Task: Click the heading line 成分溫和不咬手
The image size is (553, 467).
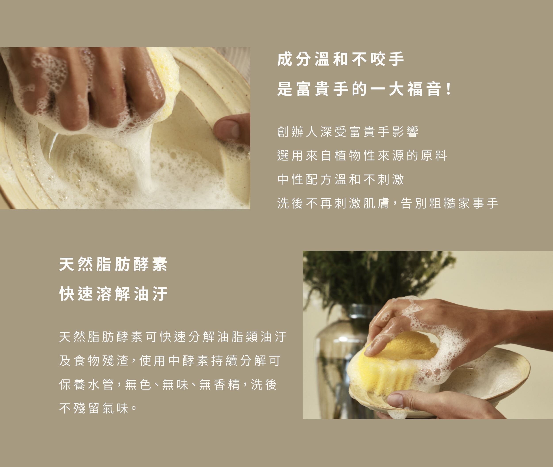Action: [x=340, y=59]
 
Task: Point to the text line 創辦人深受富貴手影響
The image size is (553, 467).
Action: [x=348, y=131]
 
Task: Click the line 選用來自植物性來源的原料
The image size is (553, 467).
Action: [x=362, y=155]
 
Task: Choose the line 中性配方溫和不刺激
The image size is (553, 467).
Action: [x=340, y=179]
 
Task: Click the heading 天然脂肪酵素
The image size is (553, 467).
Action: [x=113, y=264]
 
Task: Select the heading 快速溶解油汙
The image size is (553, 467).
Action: [x=113, y=294]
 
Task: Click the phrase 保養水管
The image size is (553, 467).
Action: [x=86, y=384]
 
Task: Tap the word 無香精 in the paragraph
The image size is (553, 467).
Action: [x=219, y=384]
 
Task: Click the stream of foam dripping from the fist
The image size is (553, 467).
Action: [x=140, y=159]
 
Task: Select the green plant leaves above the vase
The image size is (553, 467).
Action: [x=376, y=278]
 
